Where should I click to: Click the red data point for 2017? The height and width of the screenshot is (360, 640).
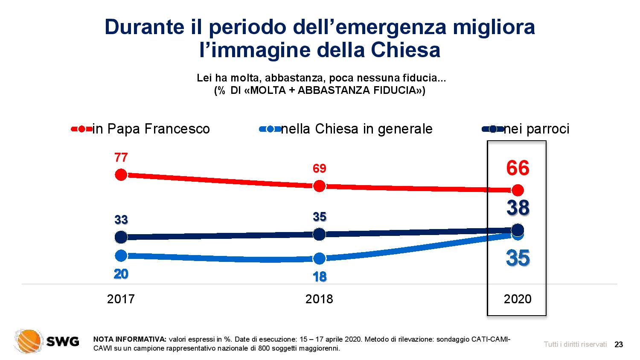pos(121,174)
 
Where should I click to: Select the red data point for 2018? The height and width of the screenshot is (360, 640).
pos(319,186)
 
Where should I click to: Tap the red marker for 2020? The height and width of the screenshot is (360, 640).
pos(518,190)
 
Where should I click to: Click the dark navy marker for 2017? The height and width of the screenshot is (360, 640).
pos(121,237)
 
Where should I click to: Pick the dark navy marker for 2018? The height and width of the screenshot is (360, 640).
pos(319,234)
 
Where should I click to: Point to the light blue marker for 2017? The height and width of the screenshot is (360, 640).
pos(121,255)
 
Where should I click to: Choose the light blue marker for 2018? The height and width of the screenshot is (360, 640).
pos(319,258)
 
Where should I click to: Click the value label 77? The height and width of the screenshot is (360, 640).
pos(121,158)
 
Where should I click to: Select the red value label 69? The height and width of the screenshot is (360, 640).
pos(319,168)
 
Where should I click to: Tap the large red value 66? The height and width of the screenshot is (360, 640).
pos(518,168)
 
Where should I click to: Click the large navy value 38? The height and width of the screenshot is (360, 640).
pos(518,208)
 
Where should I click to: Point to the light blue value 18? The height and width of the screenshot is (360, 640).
pos(319,277)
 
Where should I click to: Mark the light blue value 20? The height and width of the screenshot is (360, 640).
pos(121,274)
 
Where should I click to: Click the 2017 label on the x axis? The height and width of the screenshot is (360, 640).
pos(121,299)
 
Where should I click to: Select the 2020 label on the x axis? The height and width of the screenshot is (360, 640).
pos(518,299)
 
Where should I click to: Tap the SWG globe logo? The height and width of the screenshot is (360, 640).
pos(29,341)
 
